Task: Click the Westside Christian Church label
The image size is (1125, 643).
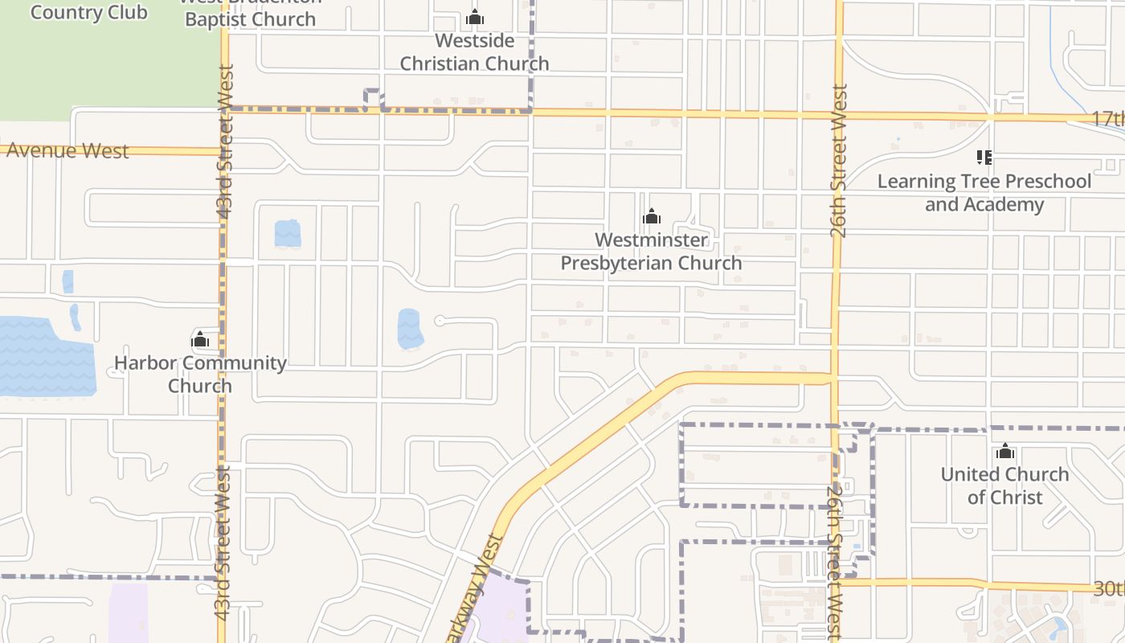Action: click(474, 51)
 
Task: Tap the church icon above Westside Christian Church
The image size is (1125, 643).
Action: click(475, 17)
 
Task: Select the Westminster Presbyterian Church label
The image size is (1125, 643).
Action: click(651, 251)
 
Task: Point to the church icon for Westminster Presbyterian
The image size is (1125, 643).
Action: click(652, 216)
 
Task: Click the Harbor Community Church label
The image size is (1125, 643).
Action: click(200, 374)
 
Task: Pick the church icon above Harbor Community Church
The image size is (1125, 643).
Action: click(200, 339)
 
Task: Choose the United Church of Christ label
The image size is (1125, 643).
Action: click(1004, 485)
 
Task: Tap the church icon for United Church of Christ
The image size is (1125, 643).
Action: click(1005, 452)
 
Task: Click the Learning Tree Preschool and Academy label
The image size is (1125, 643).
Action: click(984, 192)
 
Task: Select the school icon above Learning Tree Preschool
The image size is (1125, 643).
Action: click(984, 157)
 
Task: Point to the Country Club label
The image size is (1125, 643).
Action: click(88, 12)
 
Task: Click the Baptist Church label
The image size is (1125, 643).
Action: click(251, 18)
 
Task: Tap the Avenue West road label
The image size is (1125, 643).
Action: click(67, 150)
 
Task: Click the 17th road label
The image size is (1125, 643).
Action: click(1107, 118)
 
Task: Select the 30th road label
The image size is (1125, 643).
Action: click(1109, 588)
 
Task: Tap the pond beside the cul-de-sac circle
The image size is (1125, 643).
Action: click(410, 329)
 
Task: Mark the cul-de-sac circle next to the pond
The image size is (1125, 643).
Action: click(440, 321)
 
